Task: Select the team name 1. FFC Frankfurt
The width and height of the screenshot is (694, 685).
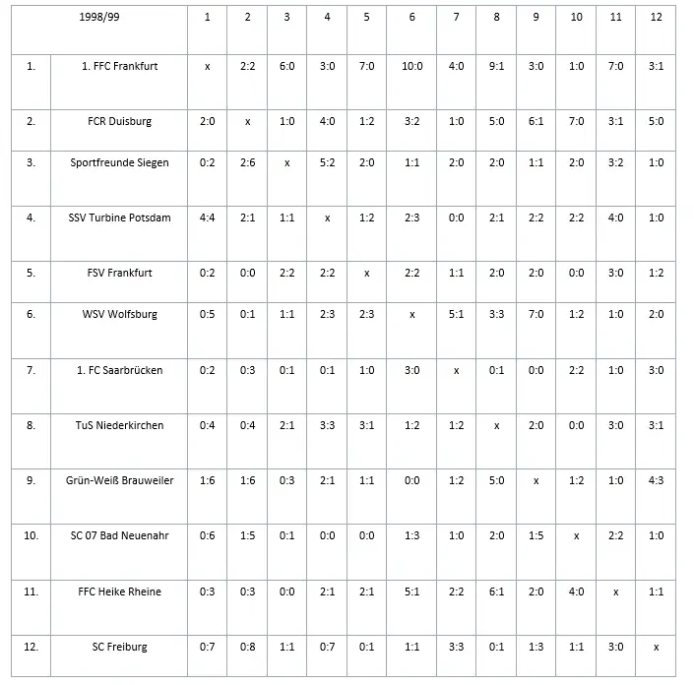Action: (x=120, y=66)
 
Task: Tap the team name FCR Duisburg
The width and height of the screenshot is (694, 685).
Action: (x=120, y=121)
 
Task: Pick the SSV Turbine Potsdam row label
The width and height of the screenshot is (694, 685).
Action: (x=120, y=218)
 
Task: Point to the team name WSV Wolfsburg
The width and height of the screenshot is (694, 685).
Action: (x=120, y=314)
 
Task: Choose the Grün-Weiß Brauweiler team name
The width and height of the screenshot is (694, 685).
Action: (x=120, y=479)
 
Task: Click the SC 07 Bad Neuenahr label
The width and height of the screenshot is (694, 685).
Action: (x=120, y=535)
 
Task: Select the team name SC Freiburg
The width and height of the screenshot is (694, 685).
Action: (x=120, y=647)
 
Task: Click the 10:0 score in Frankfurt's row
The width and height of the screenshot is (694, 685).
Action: (x=411, y=66)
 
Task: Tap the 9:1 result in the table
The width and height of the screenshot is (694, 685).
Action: (x=497, y=66)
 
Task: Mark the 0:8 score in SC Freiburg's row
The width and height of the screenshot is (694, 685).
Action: (x=247, y=647)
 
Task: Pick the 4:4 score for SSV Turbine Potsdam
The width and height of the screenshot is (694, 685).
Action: (x=207, y=218)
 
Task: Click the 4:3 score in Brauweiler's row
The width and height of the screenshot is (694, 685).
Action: (x=656, y=479)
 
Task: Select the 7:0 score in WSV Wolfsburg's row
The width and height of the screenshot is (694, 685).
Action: (x=536, y=314)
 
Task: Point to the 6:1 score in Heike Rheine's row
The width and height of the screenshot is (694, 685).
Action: (x=497, y=592)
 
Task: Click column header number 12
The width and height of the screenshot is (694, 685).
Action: (x=656, y=17)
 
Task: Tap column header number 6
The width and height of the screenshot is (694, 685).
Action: (x=411, y=17)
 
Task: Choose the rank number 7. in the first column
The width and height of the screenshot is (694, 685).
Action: (x=31, y=370)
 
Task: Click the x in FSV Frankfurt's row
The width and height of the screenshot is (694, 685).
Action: (x=366, y=273)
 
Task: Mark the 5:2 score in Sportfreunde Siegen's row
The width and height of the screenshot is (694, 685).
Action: (x=327, y=162)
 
